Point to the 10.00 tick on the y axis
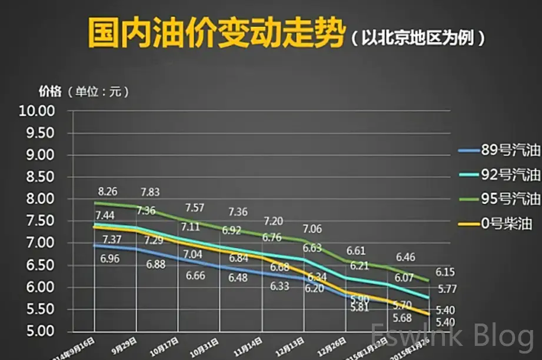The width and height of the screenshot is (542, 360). point(36,111)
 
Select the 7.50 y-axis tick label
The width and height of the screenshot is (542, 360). point(36,221)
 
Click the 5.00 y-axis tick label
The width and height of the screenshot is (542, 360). point(36,331)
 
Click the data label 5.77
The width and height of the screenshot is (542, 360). point(446,289)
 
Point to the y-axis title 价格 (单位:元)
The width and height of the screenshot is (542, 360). point(83,92)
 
